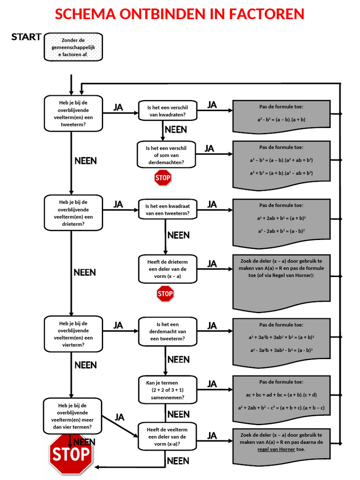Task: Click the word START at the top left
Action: [26, 37]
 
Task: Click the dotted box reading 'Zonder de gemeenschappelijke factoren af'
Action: [73, 47]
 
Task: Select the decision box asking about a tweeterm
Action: [73, 113]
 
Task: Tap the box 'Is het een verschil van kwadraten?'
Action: [167, 111]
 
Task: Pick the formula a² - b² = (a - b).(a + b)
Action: [281, 120]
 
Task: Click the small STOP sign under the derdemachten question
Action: [163, 178]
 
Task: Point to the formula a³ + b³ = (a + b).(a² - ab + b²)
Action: [281, 173]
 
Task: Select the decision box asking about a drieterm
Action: [73, 213]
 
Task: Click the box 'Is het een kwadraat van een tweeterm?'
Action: [167, 210]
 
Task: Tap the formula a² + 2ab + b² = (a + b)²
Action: [281, 218]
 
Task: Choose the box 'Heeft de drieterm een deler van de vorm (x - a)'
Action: [167, 269]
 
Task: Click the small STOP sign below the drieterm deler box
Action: [165, 294]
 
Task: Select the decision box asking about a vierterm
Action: [73, 334]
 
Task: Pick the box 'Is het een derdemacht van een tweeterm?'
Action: [167, 331]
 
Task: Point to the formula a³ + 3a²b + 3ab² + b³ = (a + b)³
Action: [281, 337]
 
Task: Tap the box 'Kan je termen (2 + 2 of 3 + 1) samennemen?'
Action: [167, 390]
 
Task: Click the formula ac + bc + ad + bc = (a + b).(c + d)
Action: [281, 395]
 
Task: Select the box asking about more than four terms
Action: [72, 417]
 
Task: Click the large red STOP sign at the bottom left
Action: [71, 454]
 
